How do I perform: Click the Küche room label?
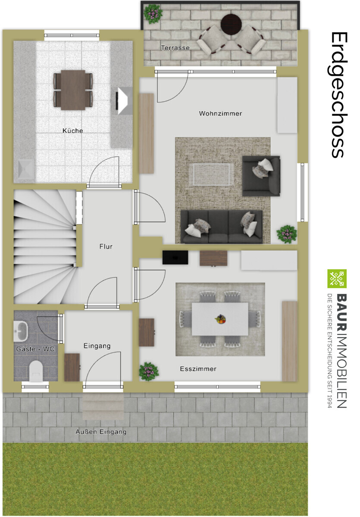pyautogui.click(x=72, y=131)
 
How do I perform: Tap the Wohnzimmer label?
pyautogui.click(x=220, y=113)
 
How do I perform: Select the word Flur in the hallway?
pyautogui.click(x=106, y=246)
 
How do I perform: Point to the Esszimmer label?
pyautogui.click(x=198, y=369)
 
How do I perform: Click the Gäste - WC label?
pyautogui.click(x=35, y=349)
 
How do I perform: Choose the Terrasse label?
pyautogui.click(x=175, y=48)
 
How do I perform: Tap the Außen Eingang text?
pyautogui.click(x=101, y=432)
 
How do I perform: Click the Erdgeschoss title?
pyautogui.click(x=339, y=95)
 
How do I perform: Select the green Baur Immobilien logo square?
pyautogui.click(x=337, y=279)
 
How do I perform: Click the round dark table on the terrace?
pyautogui.click(x=231, y=24)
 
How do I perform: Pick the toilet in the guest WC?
pyautogui.click(x=36, y=371)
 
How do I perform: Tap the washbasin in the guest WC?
pyautogui.click(x=20, y=331)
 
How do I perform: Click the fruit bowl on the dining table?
pyautogui.click(x=220, y=319)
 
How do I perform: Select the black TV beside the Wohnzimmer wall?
pyautogui.click(x=175, y=257)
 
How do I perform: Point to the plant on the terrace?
pyautogui.click(x=153, y=14)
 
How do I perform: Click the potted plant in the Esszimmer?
pyautogui.click(x=148, y=371)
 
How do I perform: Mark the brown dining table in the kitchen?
pyautogui.click(x=73, y=90)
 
